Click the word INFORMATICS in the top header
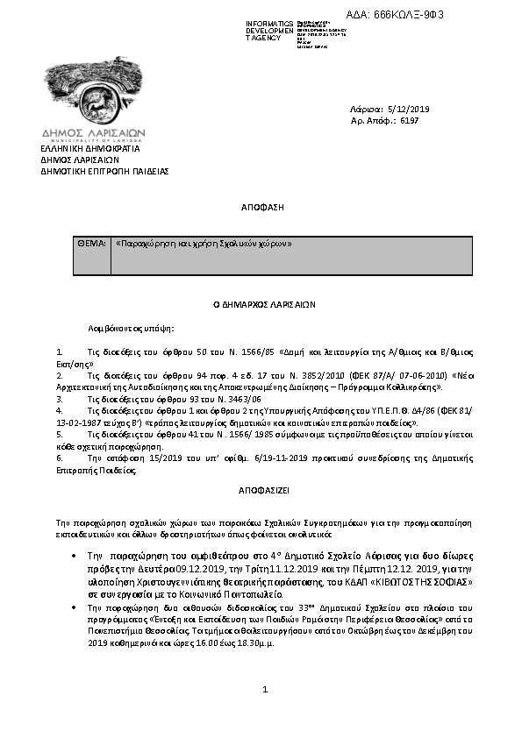pyautogui.click(x=269, y=23)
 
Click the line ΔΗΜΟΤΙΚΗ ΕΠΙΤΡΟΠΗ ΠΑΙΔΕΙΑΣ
pyautogui.click(x=104, y=172)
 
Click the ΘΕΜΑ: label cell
pyautogui.click(x=92, y=243)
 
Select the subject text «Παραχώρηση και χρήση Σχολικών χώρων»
pyautogui.click(x=203, y=243)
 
